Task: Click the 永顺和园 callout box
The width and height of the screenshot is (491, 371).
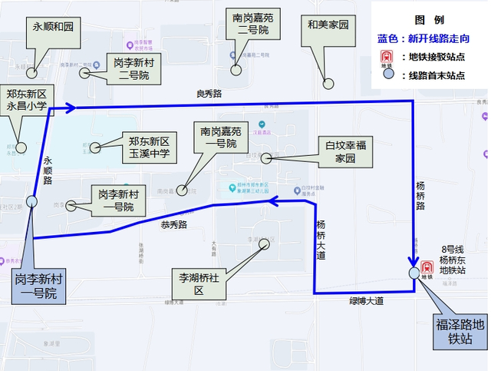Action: tap(53, 27)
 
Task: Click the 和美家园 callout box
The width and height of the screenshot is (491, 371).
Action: tap(328, 25)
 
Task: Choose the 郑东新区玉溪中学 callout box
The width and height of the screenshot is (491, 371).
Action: tap(149, 147)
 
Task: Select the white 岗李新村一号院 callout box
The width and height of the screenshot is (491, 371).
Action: tap(118, 199)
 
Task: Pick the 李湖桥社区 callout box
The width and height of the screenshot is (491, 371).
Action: tap(197, 283)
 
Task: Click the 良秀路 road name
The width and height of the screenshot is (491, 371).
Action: tap(209, 94)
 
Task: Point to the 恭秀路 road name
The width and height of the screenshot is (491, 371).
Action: tap(174, 225)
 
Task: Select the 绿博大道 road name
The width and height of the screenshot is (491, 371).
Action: tap(366, 301)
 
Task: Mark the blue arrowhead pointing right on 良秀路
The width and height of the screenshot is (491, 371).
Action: tap(70, 107)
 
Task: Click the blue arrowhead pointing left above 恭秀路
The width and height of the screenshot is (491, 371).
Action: tap(271, 201)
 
